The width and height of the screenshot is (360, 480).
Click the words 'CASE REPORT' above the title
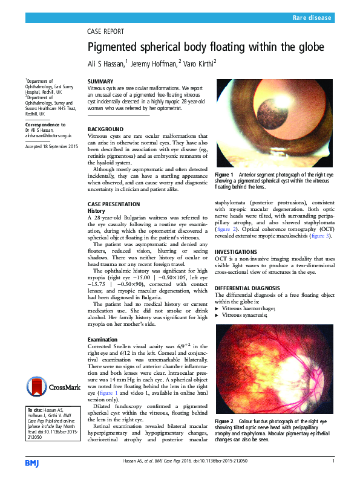click(106, 31)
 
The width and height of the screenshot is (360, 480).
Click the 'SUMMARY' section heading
click(100, 81)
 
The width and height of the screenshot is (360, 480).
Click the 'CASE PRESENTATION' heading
click(114, 204)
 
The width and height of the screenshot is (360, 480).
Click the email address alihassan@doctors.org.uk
click(48, 137)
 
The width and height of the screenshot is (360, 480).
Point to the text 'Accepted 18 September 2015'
click(51, 147)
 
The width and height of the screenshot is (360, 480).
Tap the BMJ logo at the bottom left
click(31, 462)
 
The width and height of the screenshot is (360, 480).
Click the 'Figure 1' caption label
click(224, 174)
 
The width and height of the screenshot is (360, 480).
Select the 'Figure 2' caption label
click(224, 420)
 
